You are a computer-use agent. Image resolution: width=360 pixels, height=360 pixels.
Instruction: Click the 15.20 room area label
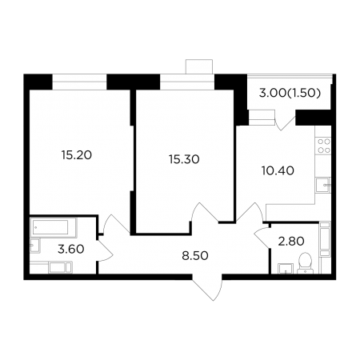(x=77, y=155)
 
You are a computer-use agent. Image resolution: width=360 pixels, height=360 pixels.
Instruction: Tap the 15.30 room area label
(x=184, y=159)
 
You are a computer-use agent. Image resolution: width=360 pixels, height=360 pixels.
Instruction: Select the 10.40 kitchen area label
(x=278, y=170)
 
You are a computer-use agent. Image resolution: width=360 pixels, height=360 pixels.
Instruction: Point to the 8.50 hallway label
(x=195, y=256)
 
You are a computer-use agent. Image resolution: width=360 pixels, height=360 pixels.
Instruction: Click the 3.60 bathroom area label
(x=71, y=249)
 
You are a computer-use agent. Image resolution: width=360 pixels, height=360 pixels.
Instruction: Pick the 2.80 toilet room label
(x=291, y=242)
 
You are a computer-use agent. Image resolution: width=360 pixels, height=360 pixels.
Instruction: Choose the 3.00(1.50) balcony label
(x=290, y=93)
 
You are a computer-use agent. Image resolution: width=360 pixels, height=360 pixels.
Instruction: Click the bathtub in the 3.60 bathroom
(x=54, y=227)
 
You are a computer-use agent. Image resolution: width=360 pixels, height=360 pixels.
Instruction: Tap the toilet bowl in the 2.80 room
(x=306, y=263)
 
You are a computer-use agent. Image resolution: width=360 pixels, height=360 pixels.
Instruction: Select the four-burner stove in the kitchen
(x=324, y=146)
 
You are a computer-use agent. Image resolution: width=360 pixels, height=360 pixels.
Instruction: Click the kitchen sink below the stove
(x=323, y=185)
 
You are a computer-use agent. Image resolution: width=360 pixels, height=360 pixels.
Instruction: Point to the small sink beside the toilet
(x=286, y=269)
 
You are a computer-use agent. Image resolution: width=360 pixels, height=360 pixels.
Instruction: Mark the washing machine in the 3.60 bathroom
(x=61, y=267)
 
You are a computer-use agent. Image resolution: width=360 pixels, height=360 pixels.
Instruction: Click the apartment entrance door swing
(x=207, y=287)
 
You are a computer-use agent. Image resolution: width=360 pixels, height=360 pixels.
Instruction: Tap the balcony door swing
(x=286, y=123)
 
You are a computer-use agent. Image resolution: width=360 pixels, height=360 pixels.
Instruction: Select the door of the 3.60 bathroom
(x=106, y=250)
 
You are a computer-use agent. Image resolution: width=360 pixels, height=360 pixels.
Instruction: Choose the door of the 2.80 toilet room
(x=262, y=238)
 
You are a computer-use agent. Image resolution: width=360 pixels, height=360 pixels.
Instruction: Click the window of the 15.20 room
(x=79, y=82)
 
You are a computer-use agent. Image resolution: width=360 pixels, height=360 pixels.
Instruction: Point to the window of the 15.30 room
(x=187, y=82)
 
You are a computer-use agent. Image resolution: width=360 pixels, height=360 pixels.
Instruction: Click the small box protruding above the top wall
(x=199, y=66)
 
